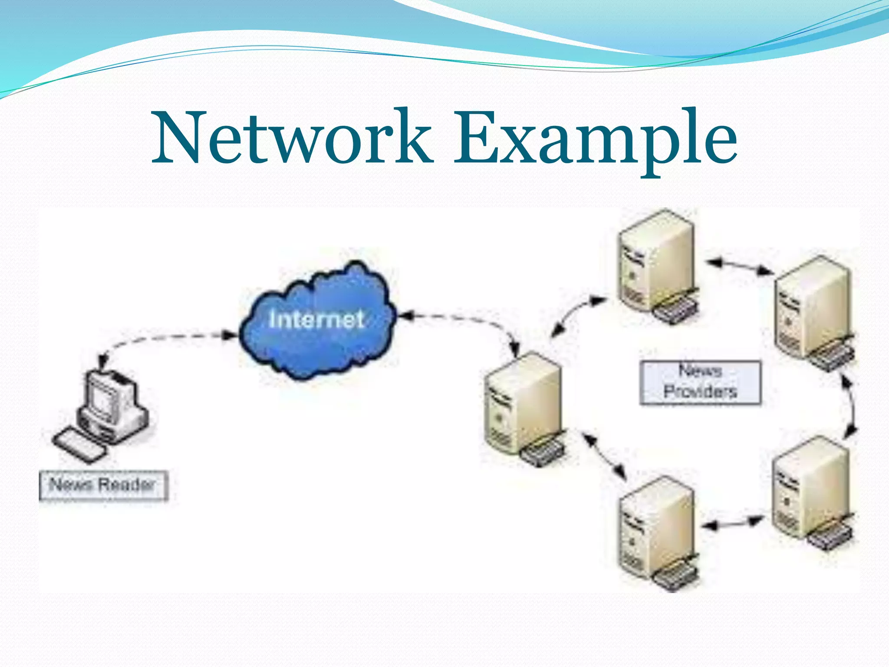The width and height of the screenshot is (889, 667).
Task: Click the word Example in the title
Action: [x=595, y=138]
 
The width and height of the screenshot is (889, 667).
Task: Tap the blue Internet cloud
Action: [x=317, y=321]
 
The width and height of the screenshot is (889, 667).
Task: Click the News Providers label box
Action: [x=700, y=382]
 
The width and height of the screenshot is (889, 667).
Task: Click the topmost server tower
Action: [x=655, y=265]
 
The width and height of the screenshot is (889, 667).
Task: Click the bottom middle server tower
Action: [x=655, y=530]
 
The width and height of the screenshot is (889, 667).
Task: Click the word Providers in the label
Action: [x=700, y=392]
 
